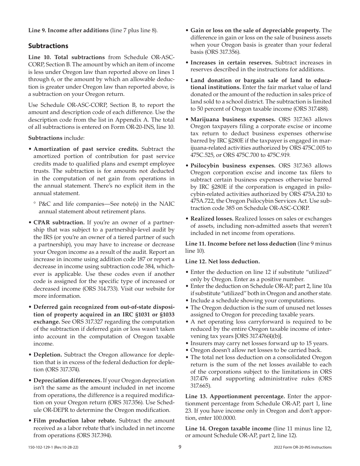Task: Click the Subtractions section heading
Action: pos(48,46)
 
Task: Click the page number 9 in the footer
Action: pos(180,447)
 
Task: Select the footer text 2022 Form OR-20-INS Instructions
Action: pos(302,447)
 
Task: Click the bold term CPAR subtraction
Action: pos(59,222)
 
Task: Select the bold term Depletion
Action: pos(48,355)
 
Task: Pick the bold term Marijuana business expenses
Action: pos(233,119)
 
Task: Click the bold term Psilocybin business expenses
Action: pos(233,166)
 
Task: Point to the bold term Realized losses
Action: pos(212,219)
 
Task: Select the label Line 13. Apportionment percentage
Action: pos(235,396)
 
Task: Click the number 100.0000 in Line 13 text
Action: pos(224,418)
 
